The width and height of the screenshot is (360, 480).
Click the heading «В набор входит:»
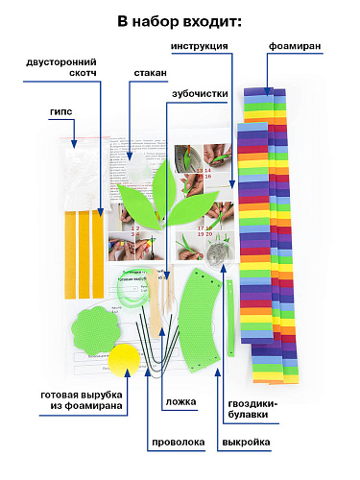coord(180,22)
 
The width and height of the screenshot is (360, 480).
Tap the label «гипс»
coord(61,111)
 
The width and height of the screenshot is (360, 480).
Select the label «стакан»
coord(150,73)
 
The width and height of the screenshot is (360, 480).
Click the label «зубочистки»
coord(200,94)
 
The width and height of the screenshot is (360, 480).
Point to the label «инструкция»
coord(200,46)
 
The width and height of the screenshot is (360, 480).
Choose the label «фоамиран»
coord(295,46)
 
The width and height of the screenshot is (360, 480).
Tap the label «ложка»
coord(180,402)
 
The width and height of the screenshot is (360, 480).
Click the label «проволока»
coord(179,443)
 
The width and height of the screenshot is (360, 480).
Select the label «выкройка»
coord(246,443)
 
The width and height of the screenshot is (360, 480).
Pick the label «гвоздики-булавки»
coord(252,409)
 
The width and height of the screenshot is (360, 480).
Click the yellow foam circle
coord(124,360)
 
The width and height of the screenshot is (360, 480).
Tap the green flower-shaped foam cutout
coord(96,330)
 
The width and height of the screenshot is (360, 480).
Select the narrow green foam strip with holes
coord(230,318)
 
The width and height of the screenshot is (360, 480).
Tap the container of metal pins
coord(220,255)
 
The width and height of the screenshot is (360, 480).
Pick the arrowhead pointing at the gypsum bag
coord(74,144)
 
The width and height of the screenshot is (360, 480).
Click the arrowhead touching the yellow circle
coord(128,372)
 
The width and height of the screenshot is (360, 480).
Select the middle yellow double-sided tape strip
coord(84,254)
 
